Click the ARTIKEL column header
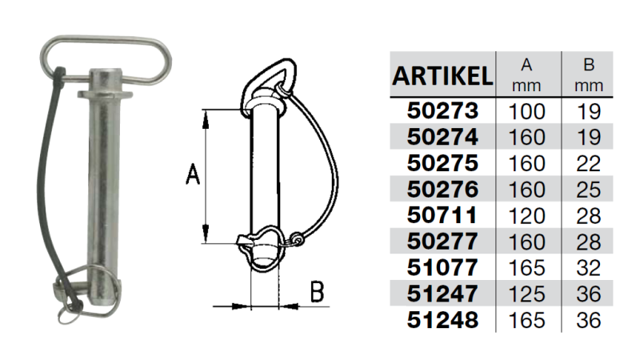[442, 75]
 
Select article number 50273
[442, 111]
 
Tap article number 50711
[442, 215]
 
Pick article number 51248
[442, 320]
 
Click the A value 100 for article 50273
[526, 111]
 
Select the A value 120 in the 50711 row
[526, 216]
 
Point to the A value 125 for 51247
[526, 294]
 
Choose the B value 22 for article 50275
[589, 164]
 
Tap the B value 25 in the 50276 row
[589, 190]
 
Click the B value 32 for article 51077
[589, 268]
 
